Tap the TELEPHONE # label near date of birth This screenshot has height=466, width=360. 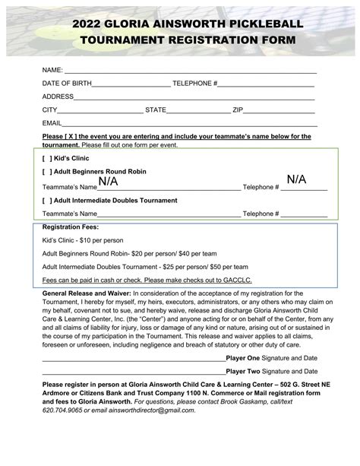tap(196, 83)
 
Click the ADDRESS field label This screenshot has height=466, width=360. tap(58, 97)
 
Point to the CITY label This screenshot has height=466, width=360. tap(49, 109)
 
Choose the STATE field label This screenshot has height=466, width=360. tap(156, 109)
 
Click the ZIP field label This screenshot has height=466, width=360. tap(238, 109)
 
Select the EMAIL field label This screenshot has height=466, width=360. tap(52, 122)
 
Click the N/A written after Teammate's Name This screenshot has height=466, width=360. tap(108, 182)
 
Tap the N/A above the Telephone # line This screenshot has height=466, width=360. tap(296, 179)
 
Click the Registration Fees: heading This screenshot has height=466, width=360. tap(71, 227)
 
